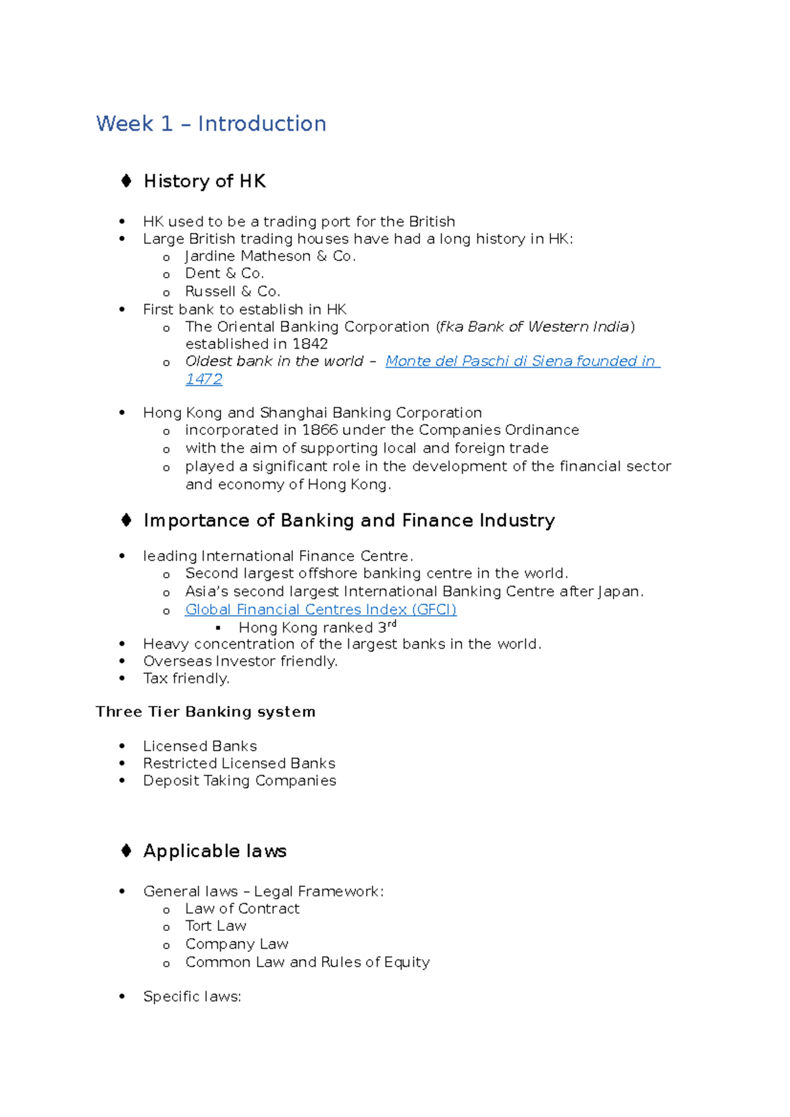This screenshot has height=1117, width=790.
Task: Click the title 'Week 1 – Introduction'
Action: pyautogui.click(x=211, y=124)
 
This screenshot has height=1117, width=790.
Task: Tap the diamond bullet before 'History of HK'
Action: pyautogui.click(x=126, y=181)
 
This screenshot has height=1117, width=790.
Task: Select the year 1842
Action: pyautogui.click(x=309, y=344)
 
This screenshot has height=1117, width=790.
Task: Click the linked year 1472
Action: pyautogui.click(x=203, y=380)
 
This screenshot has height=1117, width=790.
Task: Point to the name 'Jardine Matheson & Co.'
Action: pyautogui.click(x=270, y=257)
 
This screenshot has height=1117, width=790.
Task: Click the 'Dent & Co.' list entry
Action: pyautogui.click(x=224, y=274)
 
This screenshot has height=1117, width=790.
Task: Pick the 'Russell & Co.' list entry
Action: pyautogui.click(x=232, y=291)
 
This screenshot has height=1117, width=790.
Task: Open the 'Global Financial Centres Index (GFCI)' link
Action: pyautogui.click(x=321, y=610)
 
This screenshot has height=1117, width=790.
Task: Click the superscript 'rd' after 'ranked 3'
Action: pyautogui.click(x=392, y=624)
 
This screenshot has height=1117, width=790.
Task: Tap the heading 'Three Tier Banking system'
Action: pyautogui.click(x=205, y=712)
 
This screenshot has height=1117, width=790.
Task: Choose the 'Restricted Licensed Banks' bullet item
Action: pyautogui.click(x=239, y=764)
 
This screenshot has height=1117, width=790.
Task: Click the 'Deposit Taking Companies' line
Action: pyautogui.click(x=240, y=781)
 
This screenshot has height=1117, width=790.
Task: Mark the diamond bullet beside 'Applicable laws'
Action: pyautogui.click(x=126, y=851)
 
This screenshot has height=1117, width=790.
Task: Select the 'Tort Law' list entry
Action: pyautogui.click(x=215, y=926)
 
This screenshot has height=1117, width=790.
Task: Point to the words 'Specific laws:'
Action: pyautogui.click(x=192, y=997)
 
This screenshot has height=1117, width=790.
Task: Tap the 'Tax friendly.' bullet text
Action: pyautogui.click(x=186, y=679)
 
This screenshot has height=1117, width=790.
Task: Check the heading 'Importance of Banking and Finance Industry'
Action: pyautogui.click(x=349, y=520)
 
